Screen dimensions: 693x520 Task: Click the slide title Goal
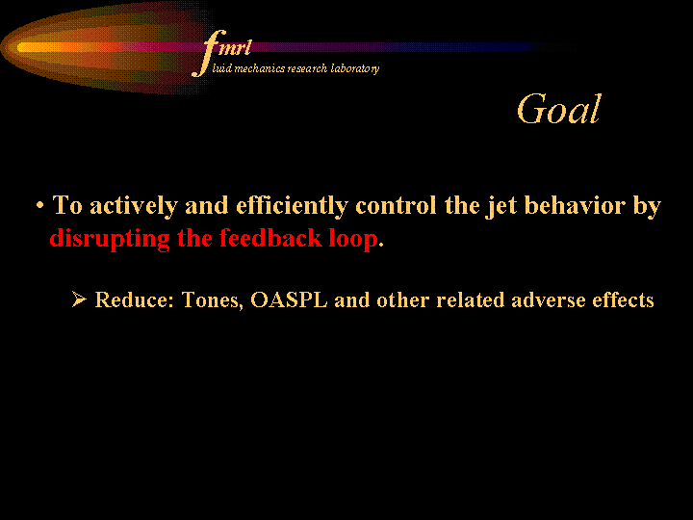tap(558, 109)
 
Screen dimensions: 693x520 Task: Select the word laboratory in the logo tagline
tap(355, 68)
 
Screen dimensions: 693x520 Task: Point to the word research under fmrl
tap(307, 68)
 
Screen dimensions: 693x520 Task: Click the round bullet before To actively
tap(40, 206)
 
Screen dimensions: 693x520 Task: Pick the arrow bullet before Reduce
tap(79, 299)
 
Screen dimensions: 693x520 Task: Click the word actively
tap(134, 206)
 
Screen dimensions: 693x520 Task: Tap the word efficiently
tap(292, 206)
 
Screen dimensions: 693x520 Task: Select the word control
tap(396, 206)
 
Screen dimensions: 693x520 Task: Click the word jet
tap(501, 207)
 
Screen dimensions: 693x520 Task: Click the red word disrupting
tap(110, 239)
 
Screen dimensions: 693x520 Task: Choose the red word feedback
tap(270, 238)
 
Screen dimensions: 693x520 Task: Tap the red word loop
tap(353, 239)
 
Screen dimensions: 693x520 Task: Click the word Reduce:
tap(135, 299)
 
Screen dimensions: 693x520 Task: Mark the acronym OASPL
tap(289, 299)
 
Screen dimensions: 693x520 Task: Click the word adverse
tap(548, 300)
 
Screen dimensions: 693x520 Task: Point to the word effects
tap(623, 299)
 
